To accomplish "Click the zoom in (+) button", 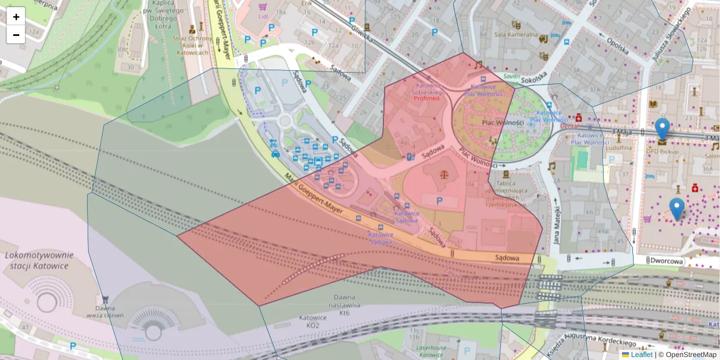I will pos(16,17).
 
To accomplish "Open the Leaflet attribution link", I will pos(641,355).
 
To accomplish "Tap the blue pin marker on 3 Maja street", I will pos(662,129).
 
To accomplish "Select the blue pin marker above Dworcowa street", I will pos(677,208).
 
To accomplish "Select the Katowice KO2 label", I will pos(313,321).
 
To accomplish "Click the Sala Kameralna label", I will pos(515,34).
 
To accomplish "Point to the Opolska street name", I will pos(616,46).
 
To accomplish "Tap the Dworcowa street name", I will pos(667,261).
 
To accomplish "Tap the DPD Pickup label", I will pos(662,151).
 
